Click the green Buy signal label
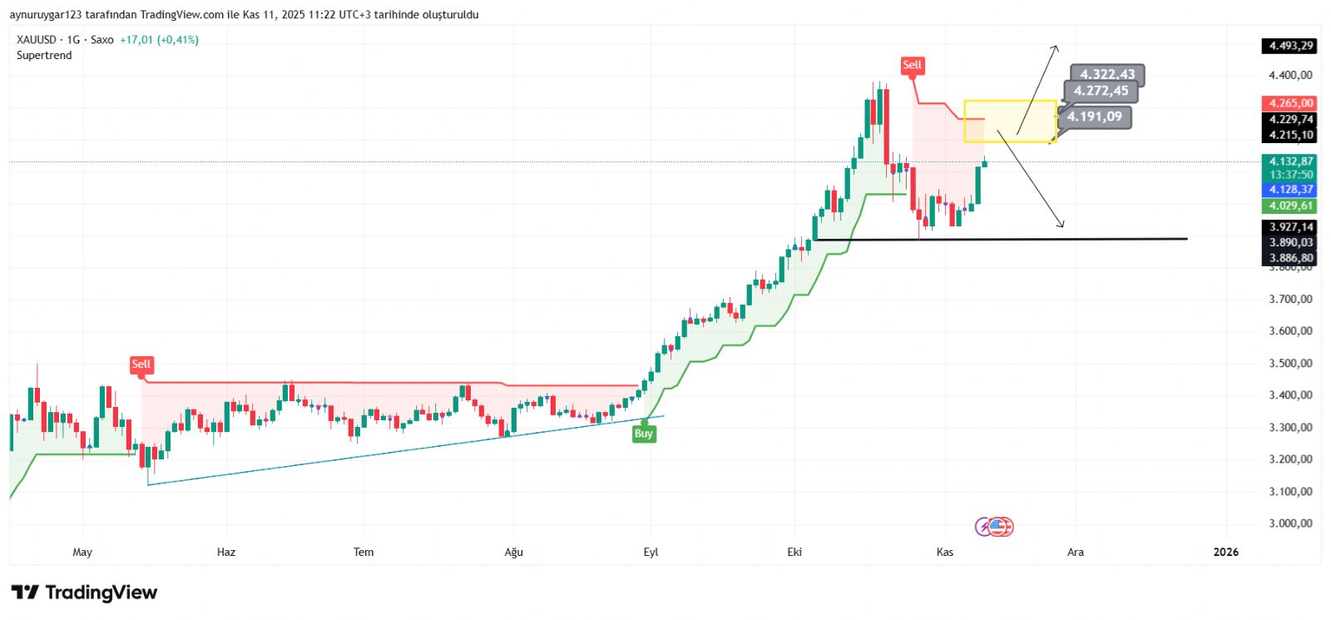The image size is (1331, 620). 643,434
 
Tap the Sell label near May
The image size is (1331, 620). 141,365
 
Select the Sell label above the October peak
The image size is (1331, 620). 912,65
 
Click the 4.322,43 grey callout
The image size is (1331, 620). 1107,75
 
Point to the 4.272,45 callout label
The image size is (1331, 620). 1101,92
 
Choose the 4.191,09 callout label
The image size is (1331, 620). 1095,117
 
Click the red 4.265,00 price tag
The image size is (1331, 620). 1291,103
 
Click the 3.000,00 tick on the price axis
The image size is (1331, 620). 1290,523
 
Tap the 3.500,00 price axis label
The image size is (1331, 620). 1290,363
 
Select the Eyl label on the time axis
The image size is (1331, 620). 651,552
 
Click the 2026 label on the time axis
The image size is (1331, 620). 1225,552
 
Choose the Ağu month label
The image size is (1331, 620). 513,552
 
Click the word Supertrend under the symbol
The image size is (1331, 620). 44,56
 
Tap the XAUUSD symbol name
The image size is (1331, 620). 37,40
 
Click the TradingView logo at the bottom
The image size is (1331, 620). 84,593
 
